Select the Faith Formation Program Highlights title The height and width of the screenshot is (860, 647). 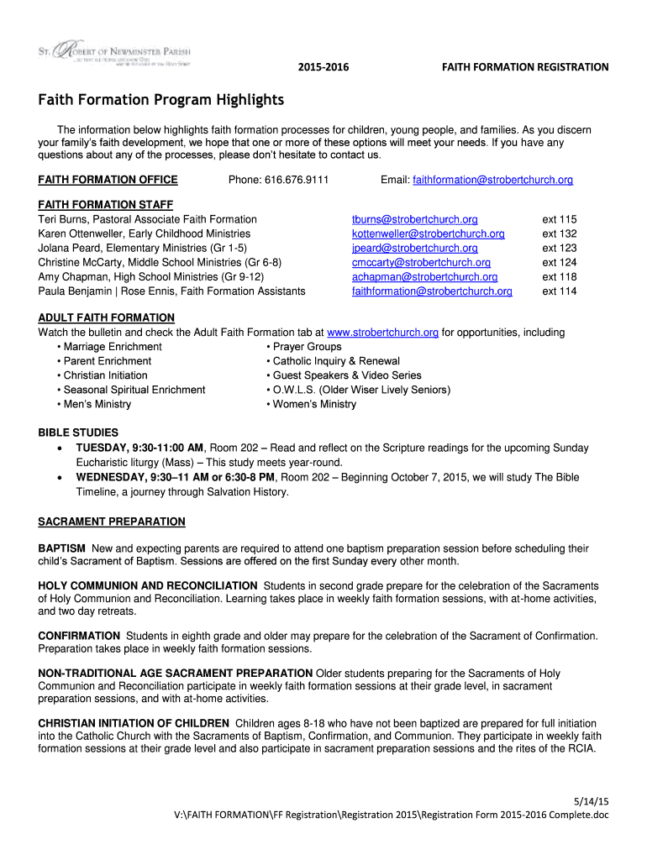pos(161,101)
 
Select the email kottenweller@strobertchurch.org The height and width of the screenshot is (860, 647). pos(428,234)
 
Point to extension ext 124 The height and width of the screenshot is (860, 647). pos(559,263)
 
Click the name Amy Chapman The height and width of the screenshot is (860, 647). pos(73,277)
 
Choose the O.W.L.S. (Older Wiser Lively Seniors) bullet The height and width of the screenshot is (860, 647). pos(360,390)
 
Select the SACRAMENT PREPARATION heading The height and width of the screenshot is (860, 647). pos(112,522)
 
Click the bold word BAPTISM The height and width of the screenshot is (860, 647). pos(61,548)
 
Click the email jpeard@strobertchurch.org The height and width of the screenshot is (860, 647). pos(414,249)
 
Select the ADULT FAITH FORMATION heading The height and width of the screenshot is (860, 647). pos(106,317)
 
